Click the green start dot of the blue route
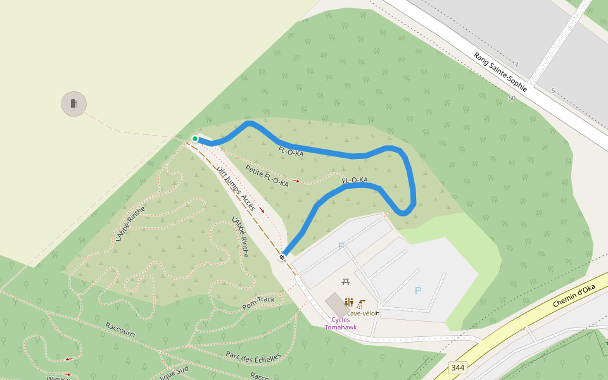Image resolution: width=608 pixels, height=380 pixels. (x=195, y=139)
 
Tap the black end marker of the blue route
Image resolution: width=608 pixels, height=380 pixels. (x=282, y=257)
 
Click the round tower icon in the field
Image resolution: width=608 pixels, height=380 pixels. (x=74, y=104)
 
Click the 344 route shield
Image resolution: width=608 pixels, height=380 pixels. (x=458, y=367)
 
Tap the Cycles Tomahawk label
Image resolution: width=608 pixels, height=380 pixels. (x=340, y=324)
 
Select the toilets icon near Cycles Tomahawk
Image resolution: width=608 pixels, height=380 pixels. (x=349, y=302)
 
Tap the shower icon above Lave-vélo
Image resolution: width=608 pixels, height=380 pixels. (x=360, y=303)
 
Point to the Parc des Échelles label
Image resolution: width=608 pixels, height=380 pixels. (x=253, y=358)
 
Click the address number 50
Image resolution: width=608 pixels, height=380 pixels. (x=512, y=98)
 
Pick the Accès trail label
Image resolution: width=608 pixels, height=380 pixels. (x=248, y=203)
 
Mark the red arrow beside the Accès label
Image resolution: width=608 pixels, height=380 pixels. (x=262, y=210)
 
